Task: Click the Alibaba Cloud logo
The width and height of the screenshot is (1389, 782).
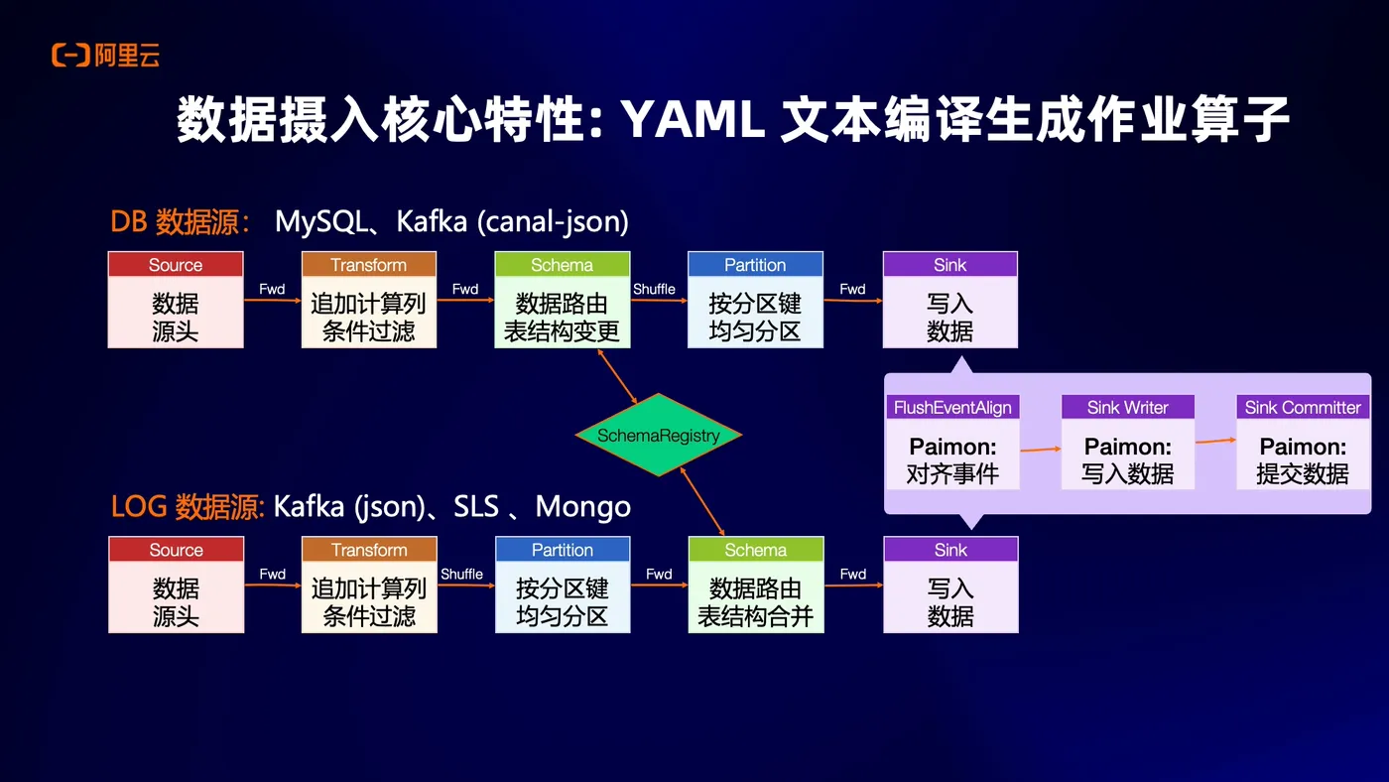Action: (x=105, y=56)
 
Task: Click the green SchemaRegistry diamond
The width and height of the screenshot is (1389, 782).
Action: (x=659, y=435)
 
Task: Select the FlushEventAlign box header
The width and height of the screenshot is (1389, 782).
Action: (x=952, y=407)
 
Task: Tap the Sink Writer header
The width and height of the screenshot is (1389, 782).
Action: (x=1127, y=407)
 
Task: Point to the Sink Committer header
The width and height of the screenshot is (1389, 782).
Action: (x=1303, y=407)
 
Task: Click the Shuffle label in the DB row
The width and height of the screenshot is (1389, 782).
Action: (x=654, y=289)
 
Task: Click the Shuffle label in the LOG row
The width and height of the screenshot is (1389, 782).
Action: (x=461, y=574)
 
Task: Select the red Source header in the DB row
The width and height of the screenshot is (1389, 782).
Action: (x=176, y=265)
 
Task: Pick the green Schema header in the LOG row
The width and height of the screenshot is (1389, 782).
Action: (x=755, y=550)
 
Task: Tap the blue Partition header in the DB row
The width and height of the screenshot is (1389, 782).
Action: (x=755, y=265)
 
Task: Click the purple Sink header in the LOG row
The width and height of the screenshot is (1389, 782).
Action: (x=949, y=550)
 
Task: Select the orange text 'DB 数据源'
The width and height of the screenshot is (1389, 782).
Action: (x=179, y=221)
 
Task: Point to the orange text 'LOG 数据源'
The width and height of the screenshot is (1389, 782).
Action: (x=187, y=506)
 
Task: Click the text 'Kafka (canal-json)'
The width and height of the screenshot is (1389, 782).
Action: (x=512, y=221)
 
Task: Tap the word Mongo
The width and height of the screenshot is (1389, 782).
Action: (x=582, y=506)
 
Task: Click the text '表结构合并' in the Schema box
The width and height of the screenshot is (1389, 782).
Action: (x=755, y=615)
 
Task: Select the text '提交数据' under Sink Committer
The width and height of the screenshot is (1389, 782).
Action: (x=1303, y=473)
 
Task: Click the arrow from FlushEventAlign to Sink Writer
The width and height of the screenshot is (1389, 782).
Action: (x=1040, y=449)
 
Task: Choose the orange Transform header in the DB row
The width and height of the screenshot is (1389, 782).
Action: (x=369, y=265)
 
